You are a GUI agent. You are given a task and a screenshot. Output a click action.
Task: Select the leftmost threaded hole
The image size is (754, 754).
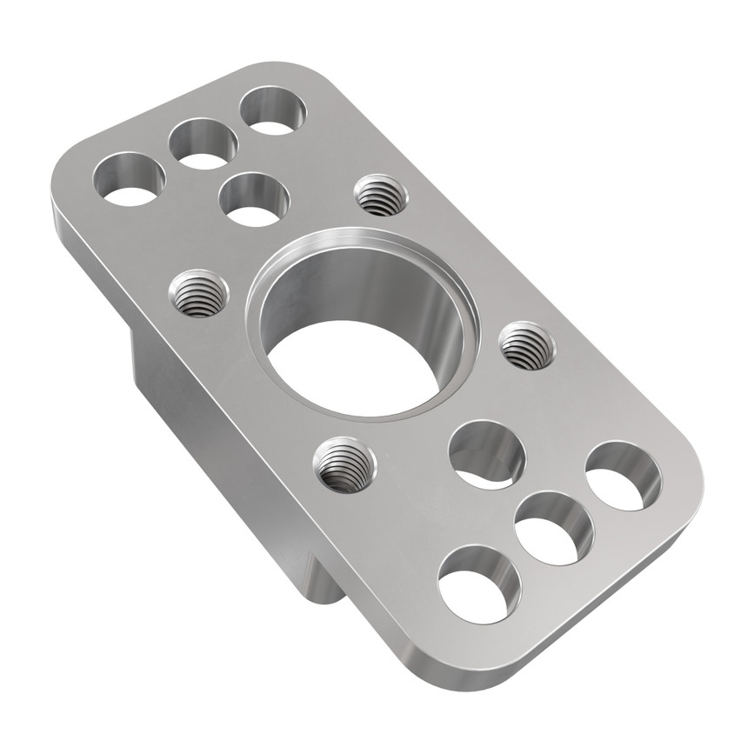tap(198, 293)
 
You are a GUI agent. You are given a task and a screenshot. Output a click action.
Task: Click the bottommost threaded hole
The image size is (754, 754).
tap(345, 464)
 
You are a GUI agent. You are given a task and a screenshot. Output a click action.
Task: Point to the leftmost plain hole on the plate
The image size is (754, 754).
tap(130, 178)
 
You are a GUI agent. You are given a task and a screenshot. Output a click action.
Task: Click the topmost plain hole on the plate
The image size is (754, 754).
tap(272, 111)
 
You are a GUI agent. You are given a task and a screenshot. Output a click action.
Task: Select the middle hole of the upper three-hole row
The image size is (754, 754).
tap(203, 143)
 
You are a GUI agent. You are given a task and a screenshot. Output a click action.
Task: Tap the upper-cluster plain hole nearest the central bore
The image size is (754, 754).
tap(253, 198)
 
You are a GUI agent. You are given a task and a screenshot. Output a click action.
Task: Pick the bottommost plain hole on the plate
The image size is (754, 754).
tap(479, 584)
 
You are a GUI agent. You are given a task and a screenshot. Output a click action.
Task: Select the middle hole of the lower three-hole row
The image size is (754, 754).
tap(553, 528)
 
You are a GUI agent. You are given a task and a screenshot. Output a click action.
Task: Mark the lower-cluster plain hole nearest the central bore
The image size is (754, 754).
tap(486, 453)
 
